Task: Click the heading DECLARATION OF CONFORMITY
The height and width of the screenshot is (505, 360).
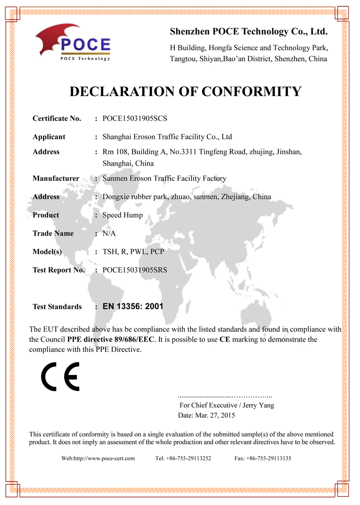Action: click(x=185, y=91)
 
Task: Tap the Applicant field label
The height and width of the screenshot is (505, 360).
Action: click(x=49, y=137)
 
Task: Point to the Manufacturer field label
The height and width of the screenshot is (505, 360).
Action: click(x=56, y=179)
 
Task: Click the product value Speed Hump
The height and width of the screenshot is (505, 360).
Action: click(x=122, y=215)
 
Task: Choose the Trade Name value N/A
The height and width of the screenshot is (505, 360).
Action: click(x=109, y=233)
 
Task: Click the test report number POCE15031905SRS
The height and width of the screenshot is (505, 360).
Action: click(x=135, y=270)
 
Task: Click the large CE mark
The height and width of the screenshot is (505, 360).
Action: click(x=60, y=375)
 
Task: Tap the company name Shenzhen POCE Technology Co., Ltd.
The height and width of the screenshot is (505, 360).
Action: click(x=249, y=32)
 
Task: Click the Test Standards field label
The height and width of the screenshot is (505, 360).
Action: click(x=57, y=307)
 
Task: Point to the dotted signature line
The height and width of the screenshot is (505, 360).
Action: click(x=225, y=397)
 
